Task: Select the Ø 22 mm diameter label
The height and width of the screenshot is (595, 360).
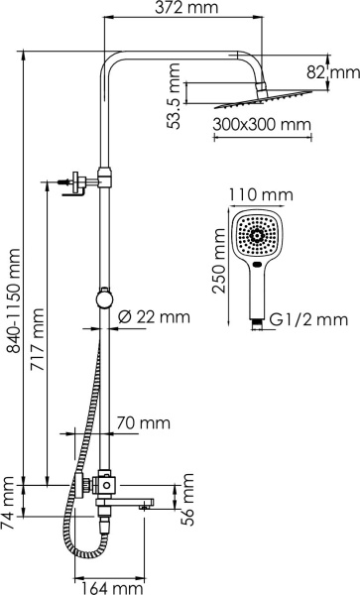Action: tap(154, 317)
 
